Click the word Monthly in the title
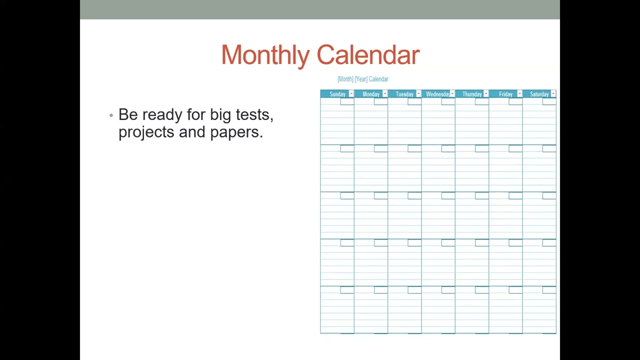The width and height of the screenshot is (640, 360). pyautogui.click(x=265, y=55)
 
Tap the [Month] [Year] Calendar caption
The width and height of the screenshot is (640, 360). pyautogui.click(x=363, y=79)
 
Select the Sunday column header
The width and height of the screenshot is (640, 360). pyautogui.click(x=337, y=94)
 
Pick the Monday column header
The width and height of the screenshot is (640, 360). pyautogui.click(x=371, y=94)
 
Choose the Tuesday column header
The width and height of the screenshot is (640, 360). pyautogui.click(x=404, y=94)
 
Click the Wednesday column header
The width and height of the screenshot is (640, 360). pyautogui.click(x=437, y=94)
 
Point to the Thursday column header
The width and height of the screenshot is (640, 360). pyautogui.click(x=472, y=94)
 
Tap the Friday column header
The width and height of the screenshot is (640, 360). pyautogui.click(x=505, y=94)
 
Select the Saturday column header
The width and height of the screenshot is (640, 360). pyautogui.click(x=539, y=94)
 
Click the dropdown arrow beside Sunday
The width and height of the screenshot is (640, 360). pyautogui.click(x=351, y=94)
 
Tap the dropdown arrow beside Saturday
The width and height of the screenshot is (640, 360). pyautogui.click(x=553, y=94)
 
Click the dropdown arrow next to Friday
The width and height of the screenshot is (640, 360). pyautogui.click(x=519, y=94)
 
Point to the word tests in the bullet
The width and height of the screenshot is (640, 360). pyautogui.click(x=254, y=115)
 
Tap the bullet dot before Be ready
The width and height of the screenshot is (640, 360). pyautogui.click(x=111, y=115)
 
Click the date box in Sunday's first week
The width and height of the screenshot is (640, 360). pyautogui.click(x=347, y=101)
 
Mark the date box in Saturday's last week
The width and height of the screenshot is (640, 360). pyautogui.click(x=549, y=290)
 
